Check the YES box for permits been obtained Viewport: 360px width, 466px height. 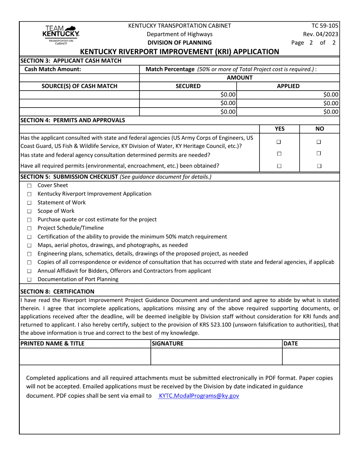pyautogui.click(x=279, y=166)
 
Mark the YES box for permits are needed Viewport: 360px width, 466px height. pyautogui.click(x=279, y=154)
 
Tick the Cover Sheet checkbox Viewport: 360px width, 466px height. pyautogui.click(x=29, y=186)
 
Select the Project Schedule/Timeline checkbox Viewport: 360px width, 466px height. pyautogui.click(x=29, y=228)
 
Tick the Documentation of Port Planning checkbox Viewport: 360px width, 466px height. pyautogui.click(x=29, y=280)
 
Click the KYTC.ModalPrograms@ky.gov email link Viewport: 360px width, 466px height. pyautogui.click(x=199, y=396)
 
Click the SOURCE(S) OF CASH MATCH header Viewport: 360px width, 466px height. pyautogui.click(x=80, y=86)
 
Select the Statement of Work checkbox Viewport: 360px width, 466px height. pyautogui.click(x=29, y=203)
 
